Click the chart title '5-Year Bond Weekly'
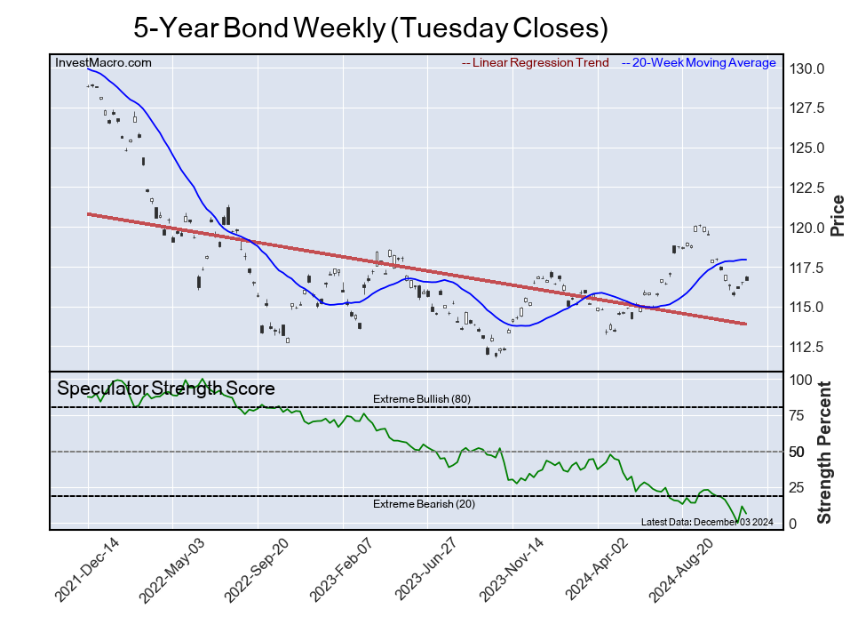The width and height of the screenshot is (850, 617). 370,28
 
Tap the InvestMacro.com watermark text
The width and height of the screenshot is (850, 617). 103,62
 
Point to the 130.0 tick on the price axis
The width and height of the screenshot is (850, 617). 809,69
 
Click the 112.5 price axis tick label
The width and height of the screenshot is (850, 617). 809,347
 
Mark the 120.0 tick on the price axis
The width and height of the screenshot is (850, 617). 809,228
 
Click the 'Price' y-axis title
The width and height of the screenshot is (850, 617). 837,214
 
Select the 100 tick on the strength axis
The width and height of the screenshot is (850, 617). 802,380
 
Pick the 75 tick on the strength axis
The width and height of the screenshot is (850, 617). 799,415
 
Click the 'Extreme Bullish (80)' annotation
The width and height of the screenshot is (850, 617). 421,399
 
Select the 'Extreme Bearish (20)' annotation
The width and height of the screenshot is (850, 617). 421,504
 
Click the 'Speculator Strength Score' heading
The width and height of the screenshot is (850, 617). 166,389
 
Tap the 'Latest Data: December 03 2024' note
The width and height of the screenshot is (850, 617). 708,522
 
